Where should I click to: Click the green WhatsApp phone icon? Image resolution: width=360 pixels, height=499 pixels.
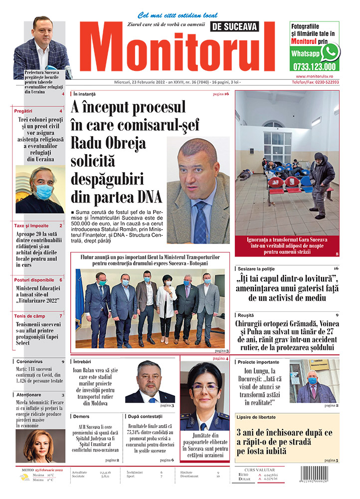(329, 52)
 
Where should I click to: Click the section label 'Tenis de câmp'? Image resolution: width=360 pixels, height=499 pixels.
(31, 316)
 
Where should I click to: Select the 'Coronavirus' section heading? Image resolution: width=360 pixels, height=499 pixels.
(30, 361)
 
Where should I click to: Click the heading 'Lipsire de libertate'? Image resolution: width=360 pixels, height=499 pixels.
(256, 417)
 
